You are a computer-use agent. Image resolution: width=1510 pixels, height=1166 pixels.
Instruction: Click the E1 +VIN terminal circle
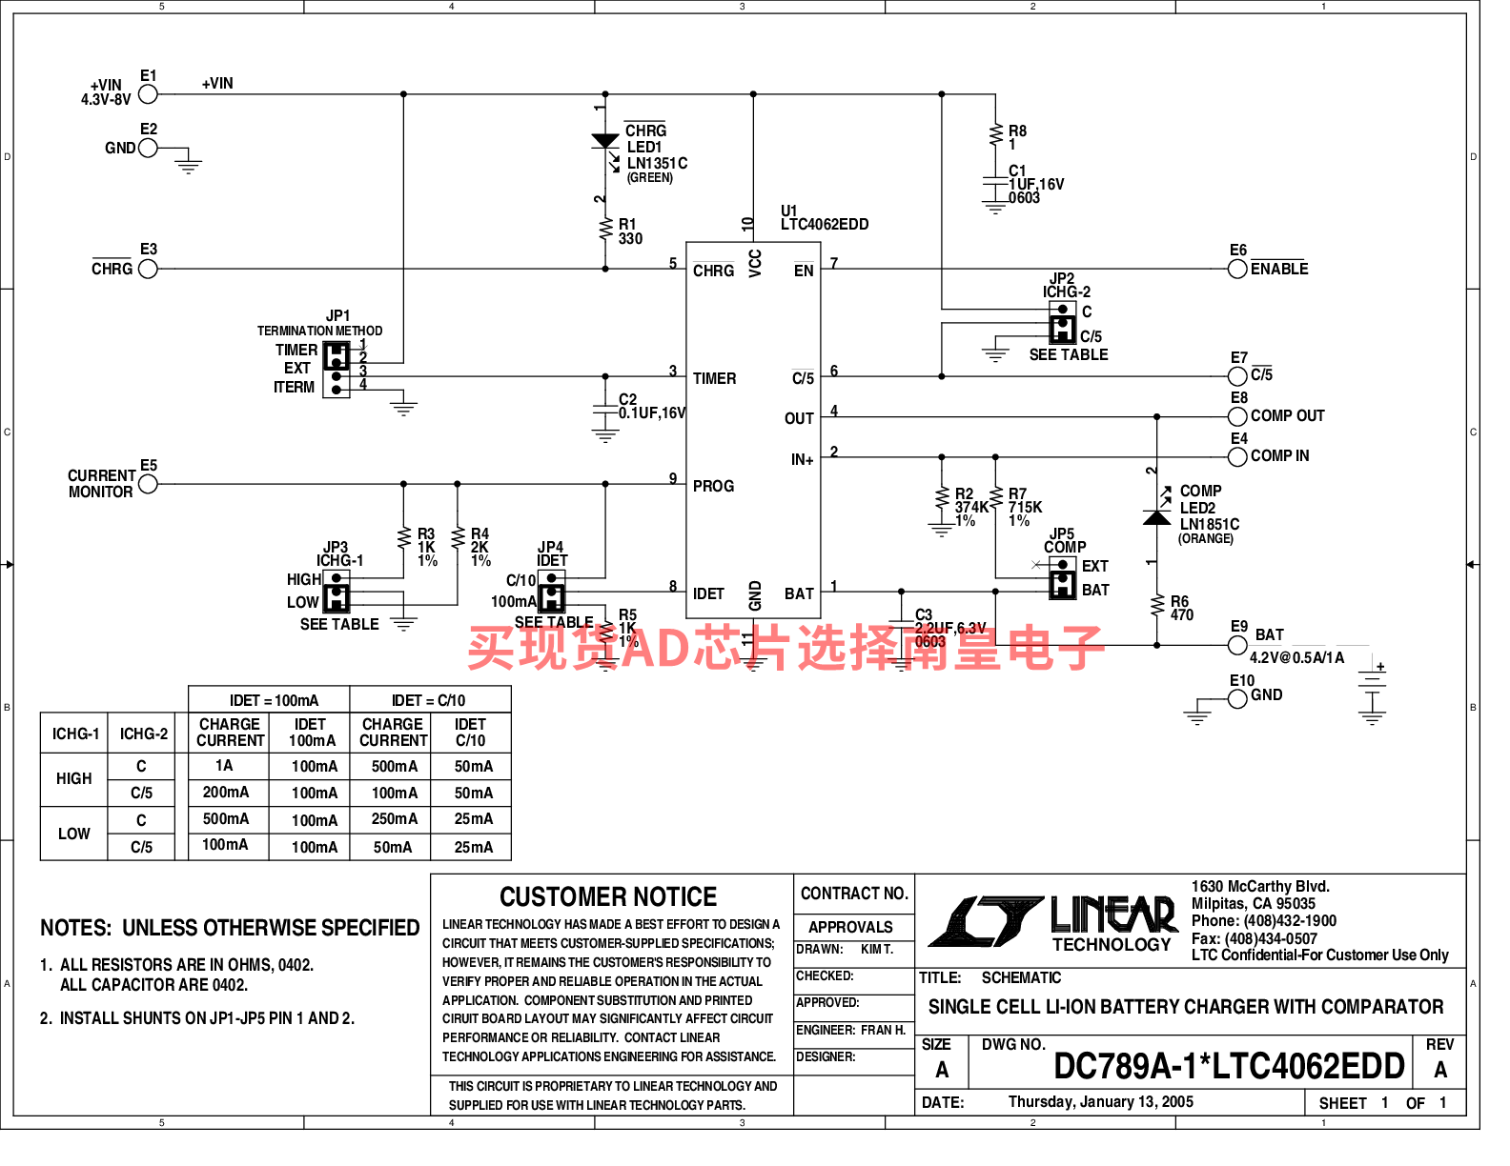[x=148, y=93]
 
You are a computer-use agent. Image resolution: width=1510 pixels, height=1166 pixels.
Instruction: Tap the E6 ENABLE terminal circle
[x=1237, y=269]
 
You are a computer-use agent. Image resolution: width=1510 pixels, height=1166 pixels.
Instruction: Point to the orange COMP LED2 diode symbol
[x=1157, y=516]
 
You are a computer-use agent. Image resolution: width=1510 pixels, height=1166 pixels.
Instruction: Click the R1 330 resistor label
[x=630, y=231]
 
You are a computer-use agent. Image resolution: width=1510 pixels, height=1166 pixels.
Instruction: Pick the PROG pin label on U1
[x=713, y=486]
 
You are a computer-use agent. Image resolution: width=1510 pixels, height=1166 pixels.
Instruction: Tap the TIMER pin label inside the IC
[x=714, y=378]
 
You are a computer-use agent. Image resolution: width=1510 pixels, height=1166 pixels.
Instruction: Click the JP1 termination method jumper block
[x=337, y=369]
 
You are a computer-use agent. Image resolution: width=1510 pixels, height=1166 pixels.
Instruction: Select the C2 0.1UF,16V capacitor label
[x=651, y=407]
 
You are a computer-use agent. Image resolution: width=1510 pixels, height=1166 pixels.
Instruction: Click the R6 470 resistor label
[x=1181, y=608]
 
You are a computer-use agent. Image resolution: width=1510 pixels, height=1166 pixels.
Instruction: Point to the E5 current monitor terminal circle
[x=148, y=484]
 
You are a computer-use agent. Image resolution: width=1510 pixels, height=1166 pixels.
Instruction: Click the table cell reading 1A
[x=224, y=766]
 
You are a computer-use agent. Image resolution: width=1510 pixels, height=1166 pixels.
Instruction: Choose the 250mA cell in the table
[x=394, y=819]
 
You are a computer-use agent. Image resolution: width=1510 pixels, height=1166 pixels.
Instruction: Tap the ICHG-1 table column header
[x=75, y=734]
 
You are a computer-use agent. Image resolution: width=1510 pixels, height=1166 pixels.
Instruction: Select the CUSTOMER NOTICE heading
[x=608, y=897]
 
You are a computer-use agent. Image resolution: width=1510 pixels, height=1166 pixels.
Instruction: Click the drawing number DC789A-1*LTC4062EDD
[x=1229, y=1066]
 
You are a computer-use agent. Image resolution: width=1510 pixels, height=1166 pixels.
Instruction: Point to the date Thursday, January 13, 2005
[x=1100, y=1102]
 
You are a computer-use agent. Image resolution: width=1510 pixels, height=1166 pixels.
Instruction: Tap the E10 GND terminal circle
[x=1237, y=699]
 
